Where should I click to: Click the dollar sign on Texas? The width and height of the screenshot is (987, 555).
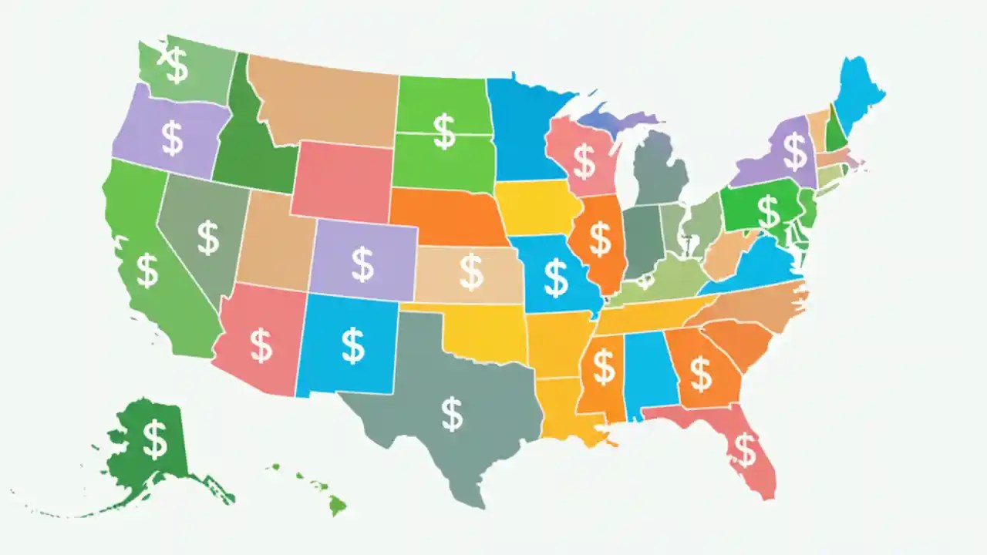point(453,415)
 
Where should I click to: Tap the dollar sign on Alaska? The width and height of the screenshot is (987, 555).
point(155,439)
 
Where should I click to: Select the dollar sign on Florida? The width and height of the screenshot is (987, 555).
point(745,449)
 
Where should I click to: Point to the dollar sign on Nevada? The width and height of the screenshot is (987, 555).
point(207,237)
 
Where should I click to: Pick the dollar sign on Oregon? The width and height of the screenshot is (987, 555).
point(172,138)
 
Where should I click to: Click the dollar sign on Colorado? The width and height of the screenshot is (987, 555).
point(362,264)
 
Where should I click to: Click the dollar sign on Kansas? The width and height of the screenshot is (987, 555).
point(470,271)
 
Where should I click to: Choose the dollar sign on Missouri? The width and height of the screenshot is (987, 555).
point(555,278)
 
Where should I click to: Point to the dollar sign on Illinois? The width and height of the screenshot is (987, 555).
point(600,238)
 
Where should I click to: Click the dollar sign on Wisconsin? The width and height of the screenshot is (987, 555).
point(584,162)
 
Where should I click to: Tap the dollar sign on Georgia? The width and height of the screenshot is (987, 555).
point(700,373)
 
